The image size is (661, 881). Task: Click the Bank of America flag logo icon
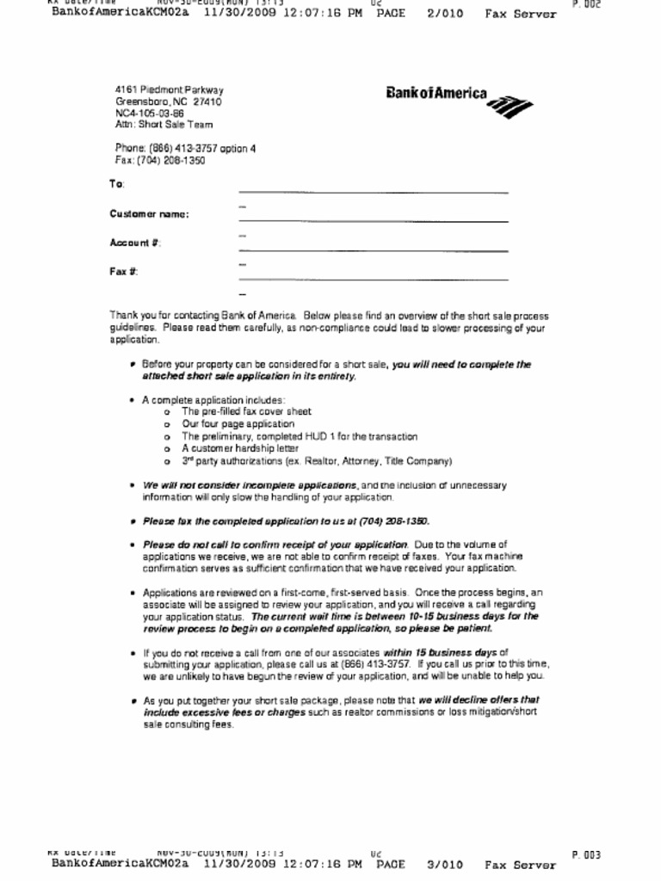tap(510, 106)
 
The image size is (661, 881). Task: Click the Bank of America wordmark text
tap(436, 94)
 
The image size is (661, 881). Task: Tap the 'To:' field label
tap(117, 184)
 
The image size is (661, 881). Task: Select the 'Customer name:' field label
tap(149, 214)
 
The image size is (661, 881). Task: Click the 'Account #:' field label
tap(135, 243)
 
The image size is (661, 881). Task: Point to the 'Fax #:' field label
tap(124, 272)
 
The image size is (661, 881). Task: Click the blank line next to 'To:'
tap(373, 192)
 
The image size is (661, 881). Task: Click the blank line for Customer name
tap(373, 221)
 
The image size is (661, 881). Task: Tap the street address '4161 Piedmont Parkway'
tap(170, 90)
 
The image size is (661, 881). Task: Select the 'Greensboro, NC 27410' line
tap(169, 102)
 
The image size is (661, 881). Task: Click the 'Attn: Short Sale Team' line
tap(164, 125)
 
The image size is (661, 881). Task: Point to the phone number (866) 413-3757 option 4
tap(185, 149)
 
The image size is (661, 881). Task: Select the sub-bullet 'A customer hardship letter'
tap(240, 448)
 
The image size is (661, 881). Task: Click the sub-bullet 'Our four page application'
tap(238, 424)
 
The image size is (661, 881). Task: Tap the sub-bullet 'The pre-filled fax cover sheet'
tap(246, 412)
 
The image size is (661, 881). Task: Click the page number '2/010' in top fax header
tap(444, 14)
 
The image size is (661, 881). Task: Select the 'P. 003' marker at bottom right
tap(586, 855)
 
